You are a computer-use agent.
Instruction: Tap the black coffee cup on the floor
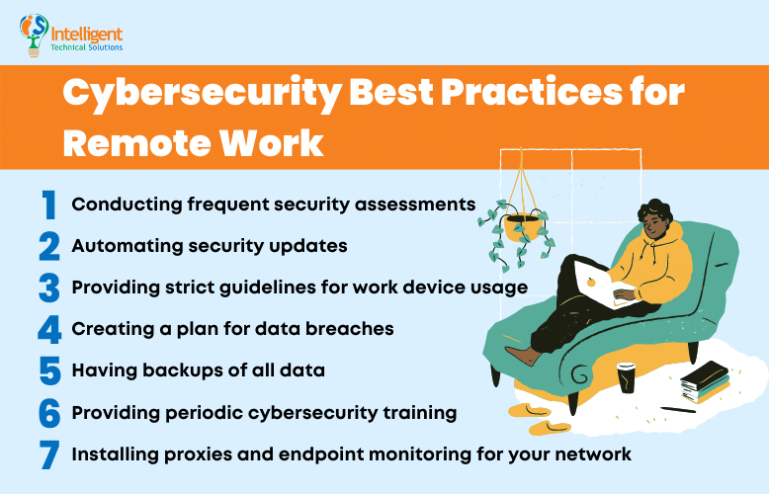click(627, 377)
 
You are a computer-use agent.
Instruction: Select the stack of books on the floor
click(704, 381)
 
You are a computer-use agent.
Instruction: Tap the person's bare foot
click(522, 354)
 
